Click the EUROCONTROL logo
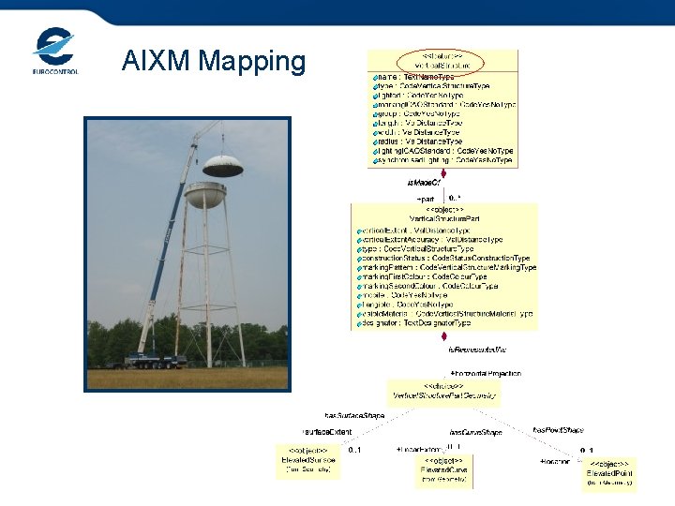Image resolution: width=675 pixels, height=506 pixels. click(55, 52)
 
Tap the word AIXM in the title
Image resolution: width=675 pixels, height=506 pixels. click(153, 62)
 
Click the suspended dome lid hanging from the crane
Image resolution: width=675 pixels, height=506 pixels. click(222, 165)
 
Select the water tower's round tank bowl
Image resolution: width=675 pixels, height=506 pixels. click(205, 196)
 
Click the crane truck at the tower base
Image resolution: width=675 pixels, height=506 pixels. click(155, 360)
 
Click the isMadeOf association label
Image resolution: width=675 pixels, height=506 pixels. click(424, 182)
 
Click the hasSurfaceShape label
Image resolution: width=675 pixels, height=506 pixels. click(354, 415)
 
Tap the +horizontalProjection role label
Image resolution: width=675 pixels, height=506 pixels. click(486, 373)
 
